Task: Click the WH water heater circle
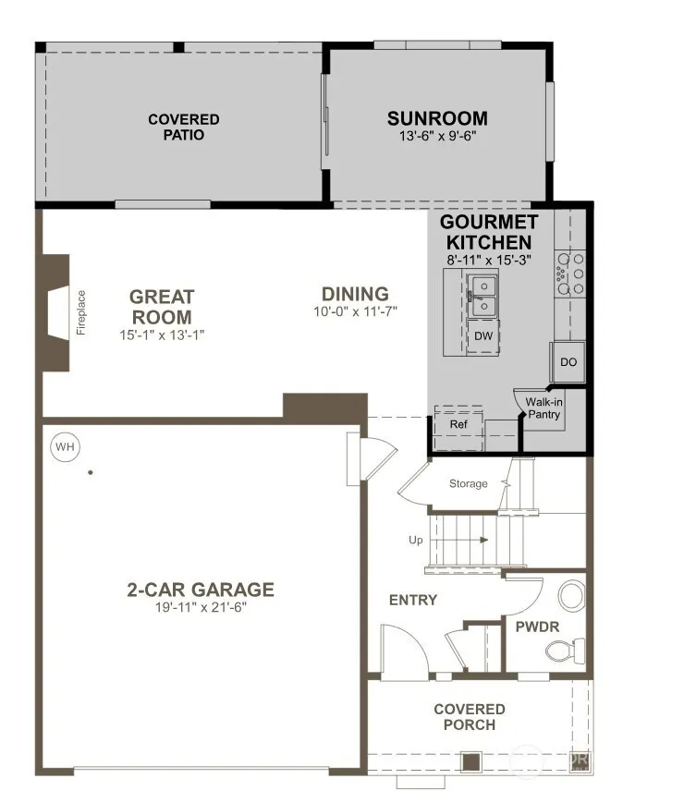65,446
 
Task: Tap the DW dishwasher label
483,336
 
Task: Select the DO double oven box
568,361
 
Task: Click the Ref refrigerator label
458,424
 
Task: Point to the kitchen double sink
482,296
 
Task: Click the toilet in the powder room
565,651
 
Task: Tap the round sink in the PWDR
571,595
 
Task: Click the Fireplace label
81,312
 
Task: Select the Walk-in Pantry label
544,408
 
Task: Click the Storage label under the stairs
469,484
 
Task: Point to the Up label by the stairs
416,541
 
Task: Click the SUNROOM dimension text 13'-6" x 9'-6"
438,136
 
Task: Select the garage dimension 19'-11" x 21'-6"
201,607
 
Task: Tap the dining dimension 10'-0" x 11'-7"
356,311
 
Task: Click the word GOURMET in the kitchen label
489,222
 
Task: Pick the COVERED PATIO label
184,128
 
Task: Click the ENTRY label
413,600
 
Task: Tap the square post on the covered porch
471,761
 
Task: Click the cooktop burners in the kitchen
570,274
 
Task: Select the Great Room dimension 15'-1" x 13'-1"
162,335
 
